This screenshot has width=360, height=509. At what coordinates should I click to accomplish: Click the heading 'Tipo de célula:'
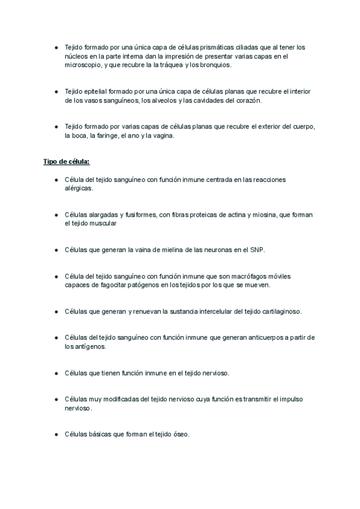point(67,162)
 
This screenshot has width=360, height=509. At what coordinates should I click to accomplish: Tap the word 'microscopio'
point(83,64)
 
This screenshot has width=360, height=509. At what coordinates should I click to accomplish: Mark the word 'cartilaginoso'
point(280,312)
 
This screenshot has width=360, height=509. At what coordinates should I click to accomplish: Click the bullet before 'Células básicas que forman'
point(56,435)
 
